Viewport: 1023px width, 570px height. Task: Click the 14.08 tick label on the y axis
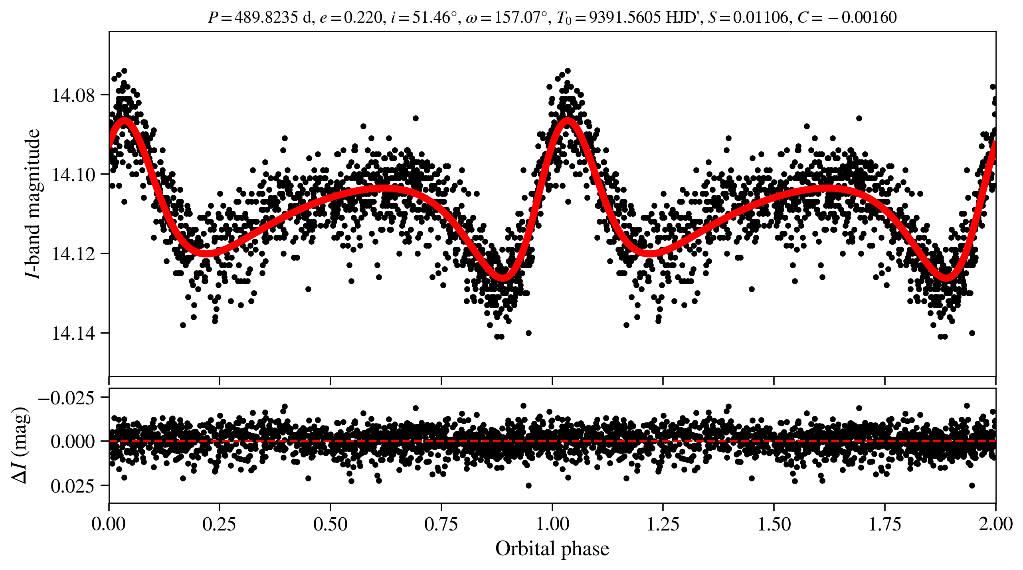[x=73, y=95]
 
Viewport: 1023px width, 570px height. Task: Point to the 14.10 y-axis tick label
[x=73, y=175]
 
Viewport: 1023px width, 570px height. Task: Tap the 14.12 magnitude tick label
[x=73, y=254]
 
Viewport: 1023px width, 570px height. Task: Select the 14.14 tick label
[x=73, y=333]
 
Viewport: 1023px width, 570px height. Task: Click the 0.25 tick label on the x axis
[x=219, y=524]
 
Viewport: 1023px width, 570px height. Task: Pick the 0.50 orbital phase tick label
[x=330, y=524]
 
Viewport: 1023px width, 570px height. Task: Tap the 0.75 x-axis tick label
[x=441, y=524]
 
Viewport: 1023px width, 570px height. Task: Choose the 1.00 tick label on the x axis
[x=552, y=524]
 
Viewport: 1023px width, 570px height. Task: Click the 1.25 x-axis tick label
[x=663, y=524]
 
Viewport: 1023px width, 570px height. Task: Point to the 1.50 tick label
[x=774, y=524]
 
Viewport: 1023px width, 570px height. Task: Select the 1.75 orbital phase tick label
[x=884, y=524]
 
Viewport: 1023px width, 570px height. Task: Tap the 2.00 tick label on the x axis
[x=995, y=524]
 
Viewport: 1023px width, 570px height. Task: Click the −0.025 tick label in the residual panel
[x=66, y=398]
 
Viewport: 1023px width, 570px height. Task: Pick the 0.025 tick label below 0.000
[x=73, y=486]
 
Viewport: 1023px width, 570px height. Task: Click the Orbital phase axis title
[x=552, y=549]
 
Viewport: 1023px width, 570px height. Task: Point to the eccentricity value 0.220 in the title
[x=363, y=18]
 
